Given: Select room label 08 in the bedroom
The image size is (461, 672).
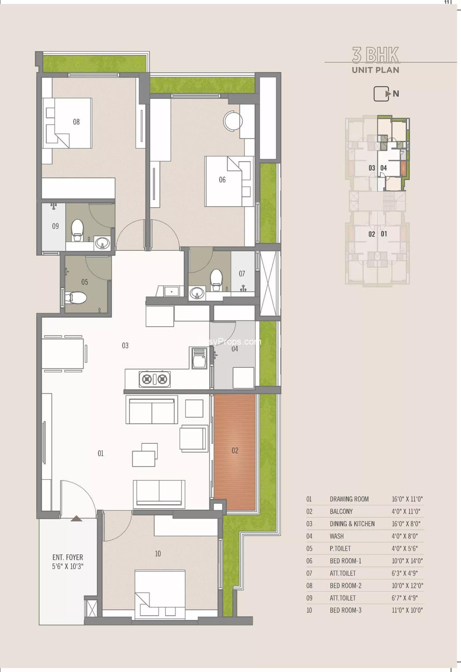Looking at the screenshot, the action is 76,122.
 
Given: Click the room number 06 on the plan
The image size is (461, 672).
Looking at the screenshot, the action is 222,180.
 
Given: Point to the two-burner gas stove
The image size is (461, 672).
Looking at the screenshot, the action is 155,379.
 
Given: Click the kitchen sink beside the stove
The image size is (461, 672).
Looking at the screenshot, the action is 200,358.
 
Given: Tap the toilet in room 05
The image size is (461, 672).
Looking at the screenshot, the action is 76,297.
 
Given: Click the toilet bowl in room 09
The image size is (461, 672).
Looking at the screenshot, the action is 77,230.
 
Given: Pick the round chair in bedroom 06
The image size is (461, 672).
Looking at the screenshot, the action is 233,121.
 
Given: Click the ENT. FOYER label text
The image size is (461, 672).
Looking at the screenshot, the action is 68,557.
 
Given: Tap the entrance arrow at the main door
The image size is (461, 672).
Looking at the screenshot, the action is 77,518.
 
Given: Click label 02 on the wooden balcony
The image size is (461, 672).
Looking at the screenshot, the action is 235,450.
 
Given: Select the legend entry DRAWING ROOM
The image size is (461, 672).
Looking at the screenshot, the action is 349,499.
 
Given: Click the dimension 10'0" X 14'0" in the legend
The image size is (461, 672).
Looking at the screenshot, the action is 407,561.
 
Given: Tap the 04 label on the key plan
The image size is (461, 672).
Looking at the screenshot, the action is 384,168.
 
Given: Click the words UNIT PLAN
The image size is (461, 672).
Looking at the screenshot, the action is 376,70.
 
